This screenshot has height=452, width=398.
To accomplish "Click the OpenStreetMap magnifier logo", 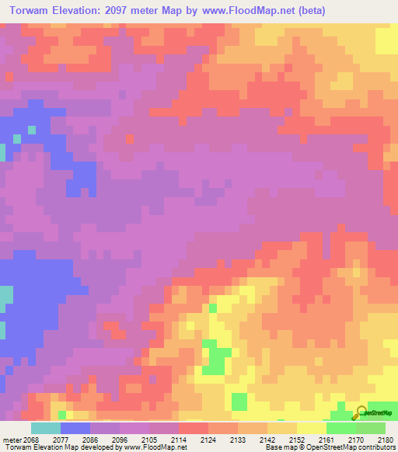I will (361, 412).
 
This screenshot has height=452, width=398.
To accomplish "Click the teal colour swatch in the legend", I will (45, 428).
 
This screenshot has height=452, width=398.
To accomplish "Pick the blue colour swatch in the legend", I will (75, 428).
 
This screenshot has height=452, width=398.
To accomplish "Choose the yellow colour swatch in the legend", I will (311, 428).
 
